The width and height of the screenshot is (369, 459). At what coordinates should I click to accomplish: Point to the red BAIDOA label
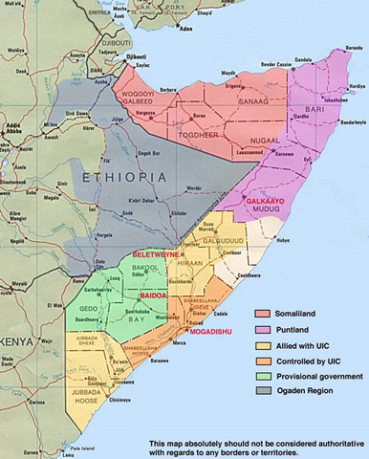(155, 296)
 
